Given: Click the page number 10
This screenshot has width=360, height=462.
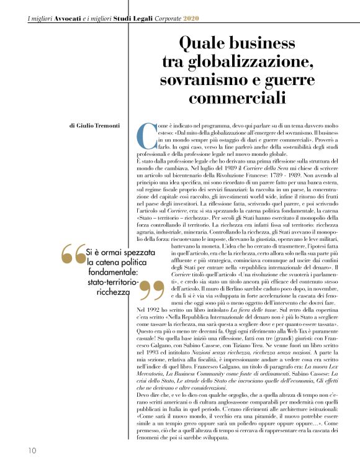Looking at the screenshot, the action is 32,450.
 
